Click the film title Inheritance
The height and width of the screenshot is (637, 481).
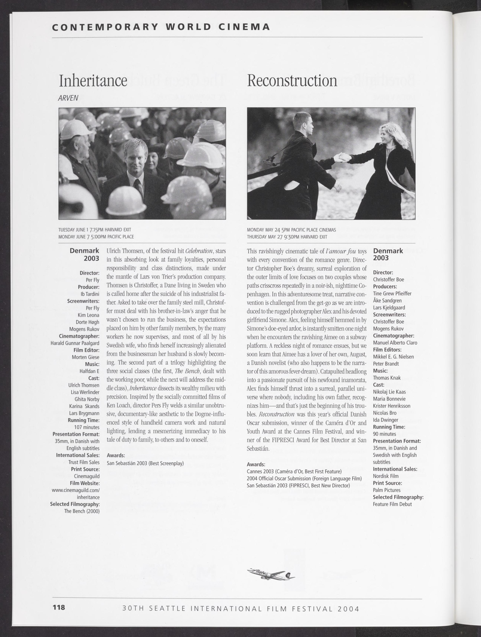click(93, 81)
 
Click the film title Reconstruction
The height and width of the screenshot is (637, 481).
click(292, 81)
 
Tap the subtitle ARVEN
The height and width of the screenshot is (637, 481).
click(68, 98)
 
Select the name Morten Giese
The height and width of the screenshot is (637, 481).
click(86, 357)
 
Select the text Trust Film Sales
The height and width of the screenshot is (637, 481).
click(84, 462)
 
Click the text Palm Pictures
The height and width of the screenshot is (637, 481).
click(387, 490)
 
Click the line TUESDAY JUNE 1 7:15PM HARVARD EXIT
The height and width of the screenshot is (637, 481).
click(95, 230)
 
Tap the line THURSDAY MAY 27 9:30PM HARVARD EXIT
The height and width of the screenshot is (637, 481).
click(287, 237)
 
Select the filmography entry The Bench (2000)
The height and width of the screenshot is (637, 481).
click(82, 511)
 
